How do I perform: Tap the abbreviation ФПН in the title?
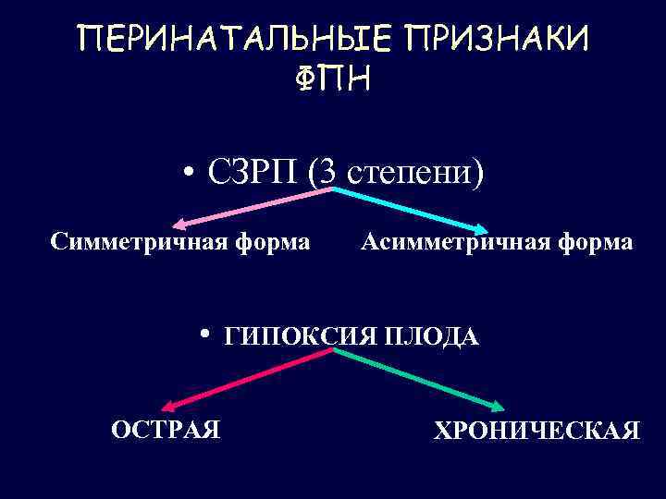coord(333,81)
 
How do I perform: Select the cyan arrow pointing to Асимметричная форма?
coord(412,206)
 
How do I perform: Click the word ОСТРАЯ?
coord(166,429)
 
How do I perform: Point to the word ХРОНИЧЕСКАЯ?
coord(536,431)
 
